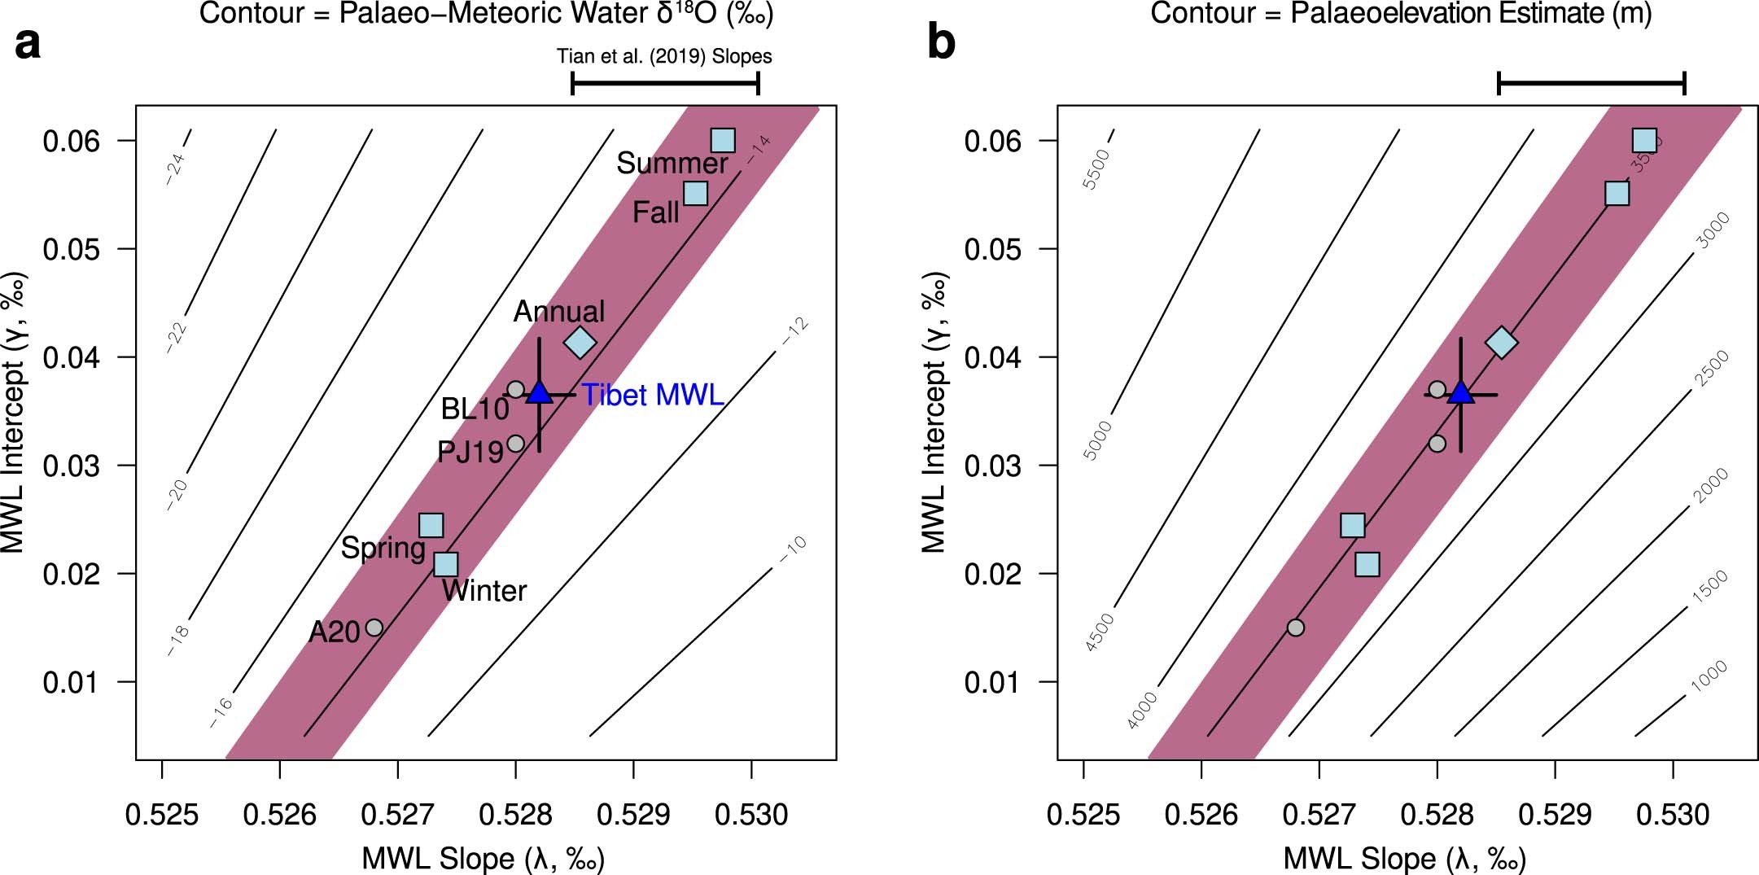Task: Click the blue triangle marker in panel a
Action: tap(540, 392)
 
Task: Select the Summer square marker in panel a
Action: tap(722, 140)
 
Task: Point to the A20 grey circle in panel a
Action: tap(374, 628)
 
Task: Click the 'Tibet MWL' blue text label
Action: tap(653, 396)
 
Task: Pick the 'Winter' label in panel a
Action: tap(484, 591)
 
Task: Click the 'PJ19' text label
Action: tap(470, 452)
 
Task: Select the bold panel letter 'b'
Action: tap(941, 42)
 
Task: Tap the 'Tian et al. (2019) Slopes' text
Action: tap(664, 56)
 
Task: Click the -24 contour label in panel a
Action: tap(176, 168)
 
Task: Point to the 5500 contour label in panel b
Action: tap(1096, 169)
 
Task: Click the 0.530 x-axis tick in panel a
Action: tap(751, 815)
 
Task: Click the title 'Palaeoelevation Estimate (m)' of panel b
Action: tap(1400, 14)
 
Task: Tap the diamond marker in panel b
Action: tap(1502, 343)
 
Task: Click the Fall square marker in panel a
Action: tap(695, 193)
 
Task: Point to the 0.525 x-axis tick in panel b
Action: tap(1083, 815)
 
